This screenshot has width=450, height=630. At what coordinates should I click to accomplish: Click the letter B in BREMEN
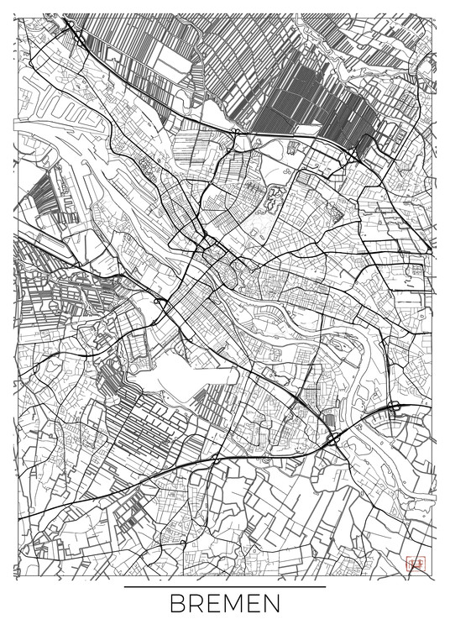(179, 605)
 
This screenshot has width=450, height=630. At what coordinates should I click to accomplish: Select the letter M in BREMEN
(238, 605)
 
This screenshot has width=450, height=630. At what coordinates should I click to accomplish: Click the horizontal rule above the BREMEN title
(225, 586)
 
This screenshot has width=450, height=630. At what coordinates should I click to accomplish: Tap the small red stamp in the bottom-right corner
(413, 564)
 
